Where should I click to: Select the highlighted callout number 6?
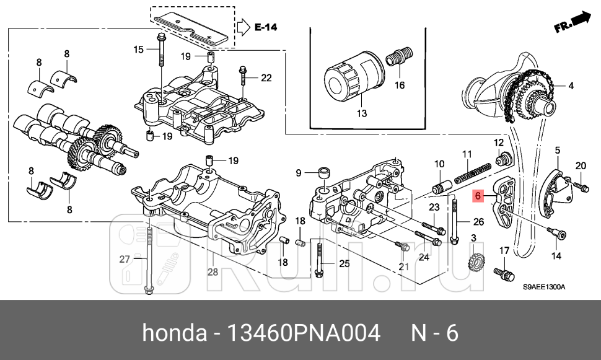click(477, 196)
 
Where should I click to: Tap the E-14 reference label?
click(266, 27)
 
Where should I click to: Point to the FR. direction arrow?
click(572, 24)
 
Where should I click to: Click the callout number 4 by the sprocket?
click(571, 86)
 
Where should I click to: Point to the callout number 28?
click(213, 272)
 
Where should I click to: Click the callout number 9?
click(298, 172)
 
